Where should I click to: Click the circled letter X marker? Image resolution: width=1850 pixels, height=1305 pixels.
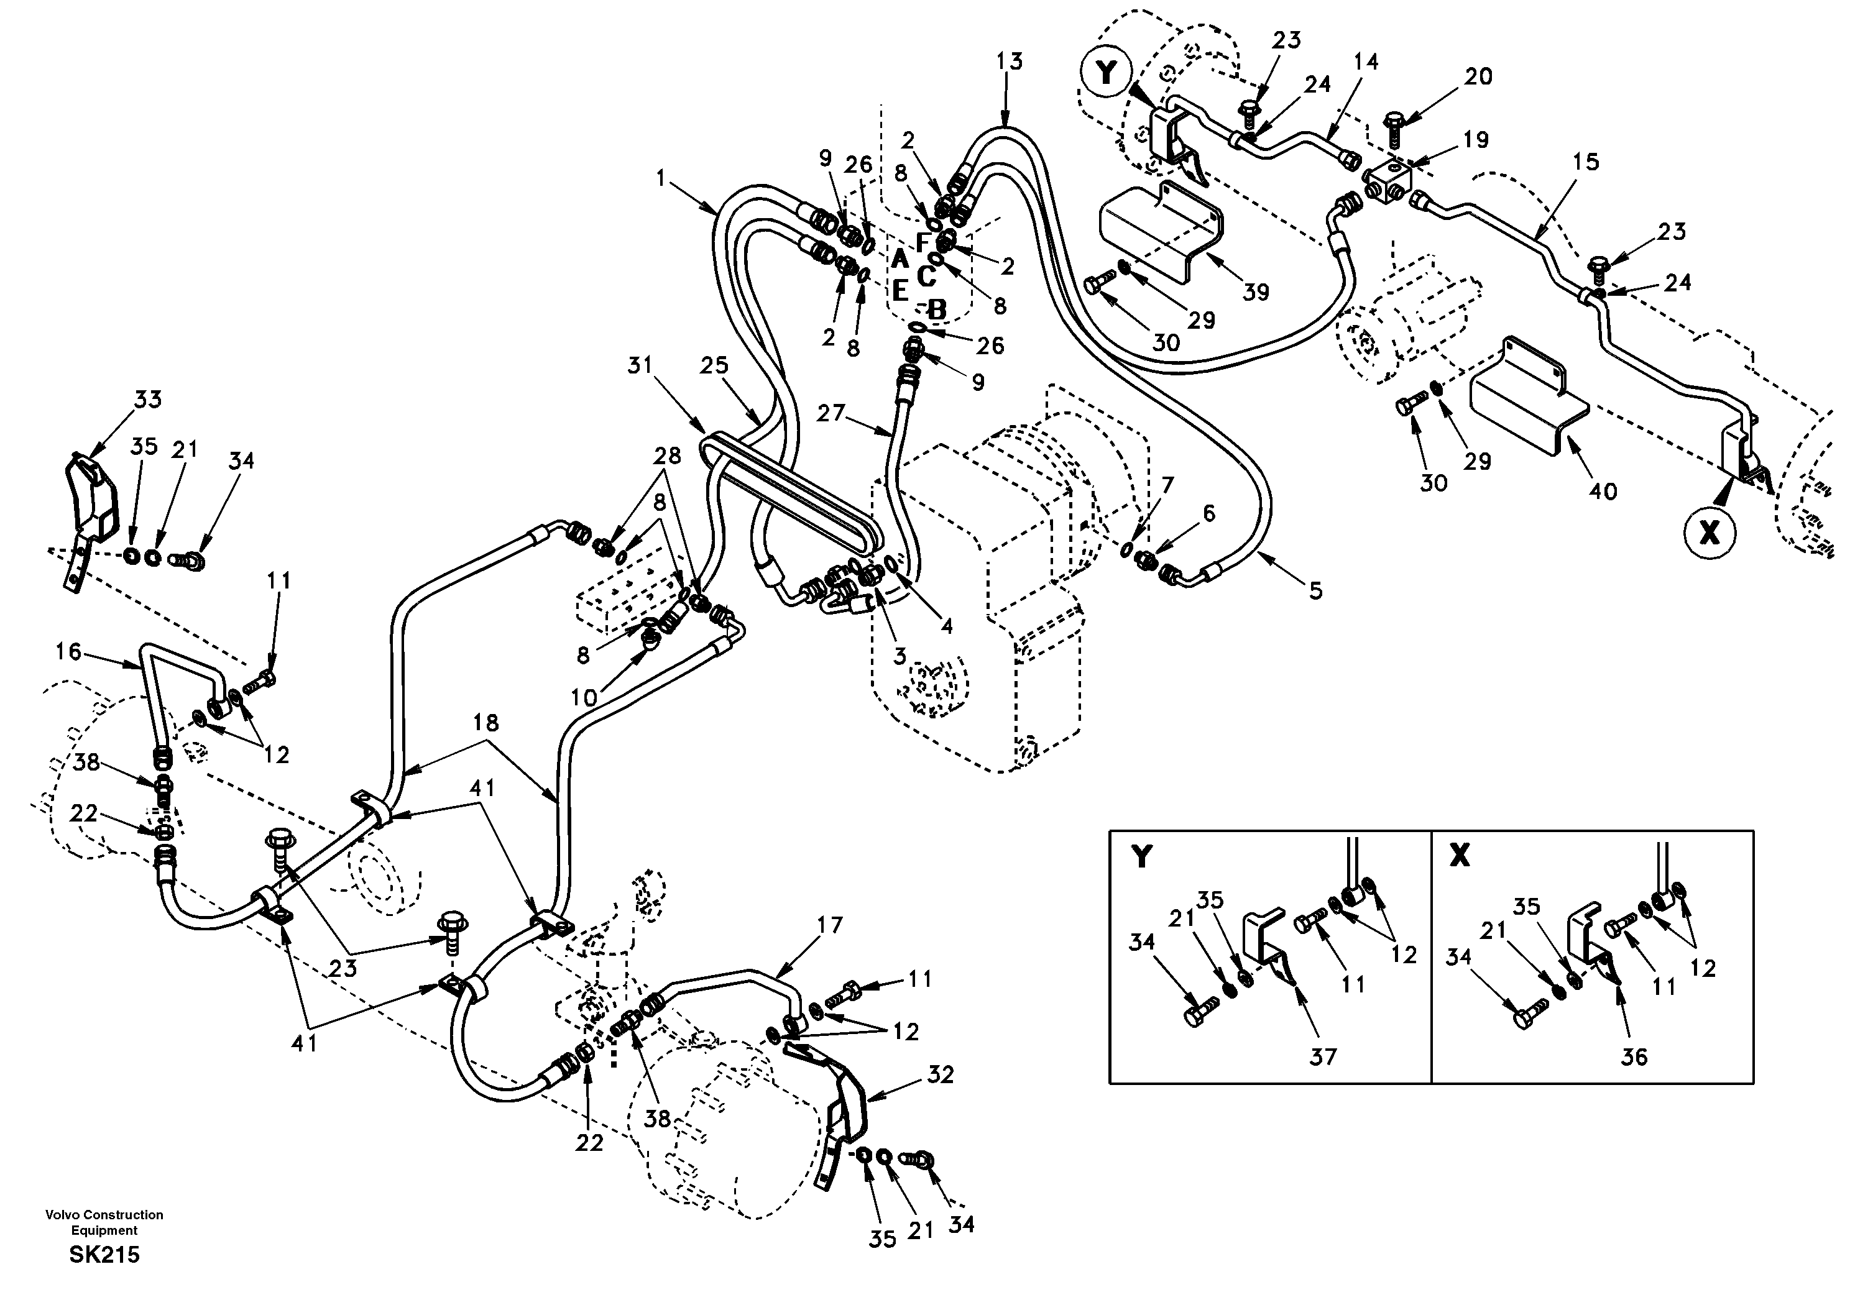1708,533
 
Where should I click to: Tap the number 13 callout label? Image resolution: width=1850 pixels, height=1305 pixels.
1008,62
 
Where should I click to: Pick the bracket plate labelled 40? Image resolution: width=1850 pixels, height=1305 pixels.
1527,403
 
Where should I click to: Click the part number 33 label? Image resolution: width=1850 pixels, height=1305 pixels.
147,400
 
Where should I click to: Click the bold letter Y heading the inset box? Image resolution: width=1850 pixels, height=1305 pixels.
1141,857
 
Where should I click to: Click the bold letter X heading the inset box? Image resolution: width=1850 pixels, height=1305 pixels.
1459,857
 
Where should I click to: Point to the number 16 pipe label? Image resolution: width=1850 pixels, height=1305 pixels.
68,651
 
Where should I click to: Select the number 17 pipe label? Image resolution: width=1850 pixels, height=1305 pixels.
829,925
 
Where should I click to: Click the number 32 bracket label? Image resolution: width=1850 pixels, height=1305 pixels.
941,1074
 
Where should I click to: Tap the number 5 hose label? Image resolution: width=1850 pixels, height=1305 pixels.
1315,591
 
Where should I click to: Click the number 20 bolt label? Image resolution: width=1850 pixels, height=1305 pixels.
1478,76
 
